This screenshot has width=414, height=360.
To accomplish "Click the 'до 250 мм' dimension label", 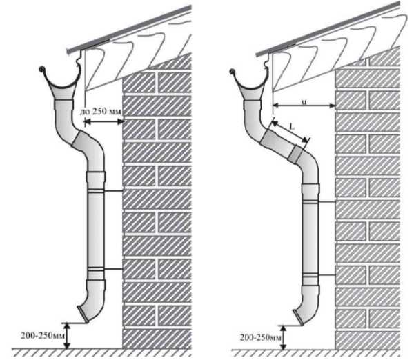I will click(102, 112).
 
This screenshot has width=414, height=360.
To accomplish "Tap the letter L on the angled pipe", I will click(293, 127).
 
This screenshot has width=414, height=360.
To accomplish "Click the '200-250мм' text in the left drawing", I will click(32, 332).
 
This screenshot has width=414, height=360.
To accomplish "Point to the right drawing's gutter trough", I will click(253, 86).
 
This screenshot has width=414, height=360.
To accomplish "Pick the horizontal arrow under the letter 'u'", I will click(304, 106).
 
